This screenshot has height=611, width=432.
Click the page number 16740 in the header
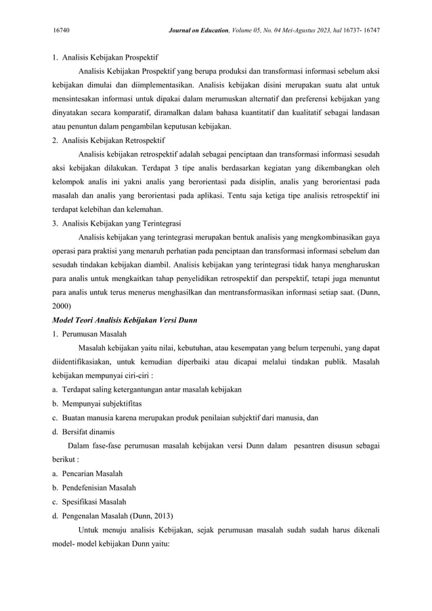coord(62,30)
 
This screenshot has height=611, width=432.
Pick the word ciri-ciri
coord(148,376)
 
